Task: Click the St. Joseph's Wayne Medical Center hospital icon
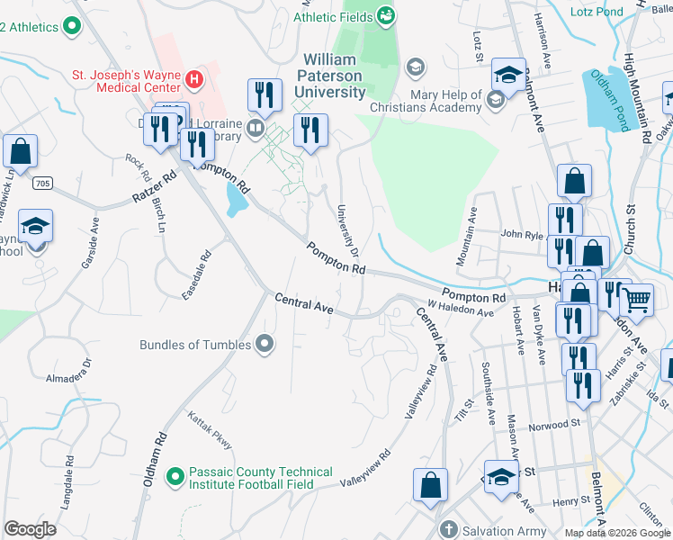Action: coord(193,79)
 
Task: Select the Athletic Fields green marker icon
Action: coord(386,14)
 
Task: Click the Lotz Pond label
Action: coord(596,12)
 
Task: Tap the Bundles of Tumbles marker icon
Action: coord(265,344)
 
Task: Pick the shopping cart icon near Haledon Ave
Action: coord(637,300)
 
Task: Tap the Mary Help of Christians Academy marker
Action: coord(494,100)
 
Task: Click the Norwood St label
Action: coord(554,423)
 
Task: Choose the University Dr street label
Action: coord(348,229)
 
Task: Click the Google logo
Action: coord(31,529)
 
